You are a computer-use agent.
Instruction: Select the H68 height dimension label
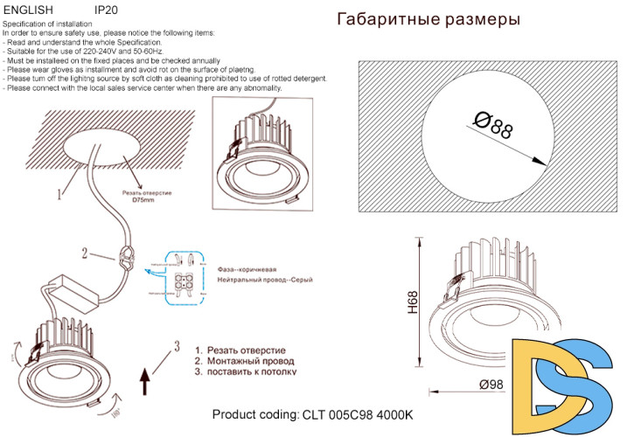(x=412, y=302)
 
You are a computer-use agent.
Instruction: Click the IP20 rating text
(x=106, y=10)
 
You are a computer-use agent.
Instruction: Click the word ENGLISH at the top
(x=30, y=10)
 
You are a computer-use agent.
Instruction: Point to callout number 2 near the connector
(x=85, y=254)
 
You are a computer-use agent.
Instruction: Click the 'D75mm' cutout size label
(x=143, y=200)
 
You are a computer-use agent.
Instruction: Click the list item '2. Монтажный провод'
(x=244, y=360)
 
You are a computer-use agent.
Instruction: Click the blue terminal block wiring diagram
(x=182, y=277)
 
